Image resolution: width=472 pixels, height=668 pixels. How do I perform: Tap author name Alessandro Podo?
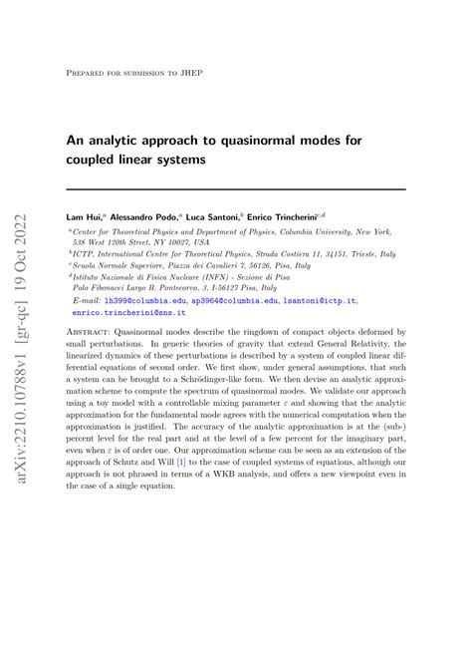146,216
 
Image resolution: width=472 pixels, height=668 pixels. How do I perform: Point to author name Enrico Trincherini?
297,216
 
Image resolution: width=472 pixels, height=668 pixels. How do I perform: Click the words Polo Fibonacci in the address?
101,289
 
